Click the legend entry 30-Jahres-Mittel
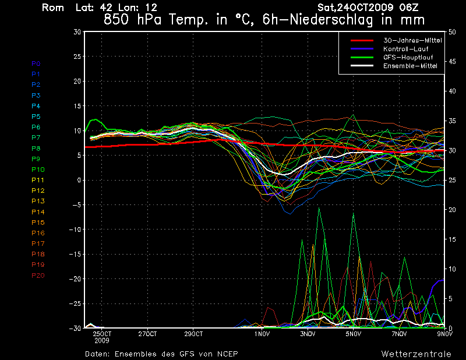click(412, 40)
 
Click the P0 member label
click(36, 63)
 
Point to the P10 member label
click(38, 170)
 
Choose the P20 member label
click(38, 276)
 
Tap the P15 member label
click(38, 223)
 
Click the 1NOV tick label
click(262, 334)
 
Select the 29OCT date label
click(193, 334)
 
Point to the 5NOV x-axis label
click(353, 334)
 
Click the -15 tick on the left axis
click(74, 255)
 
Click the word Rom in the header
click(53, 8)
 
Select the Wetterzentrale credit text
click(416, 354)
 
